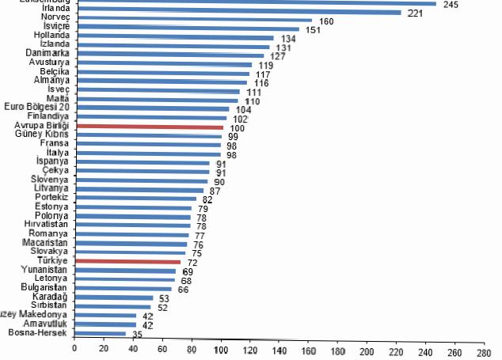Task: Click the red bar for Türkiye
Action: tap(127, 261)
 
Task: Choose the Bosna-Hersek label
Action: tap(38, 333)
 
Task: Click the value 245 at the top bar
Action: tap(451, 4)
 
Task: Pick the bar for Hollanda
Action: tap(173, 38)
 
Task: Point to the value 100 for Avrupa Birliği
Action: tap(237, 127)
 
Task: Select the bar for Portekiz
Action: tap(135, 199)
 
